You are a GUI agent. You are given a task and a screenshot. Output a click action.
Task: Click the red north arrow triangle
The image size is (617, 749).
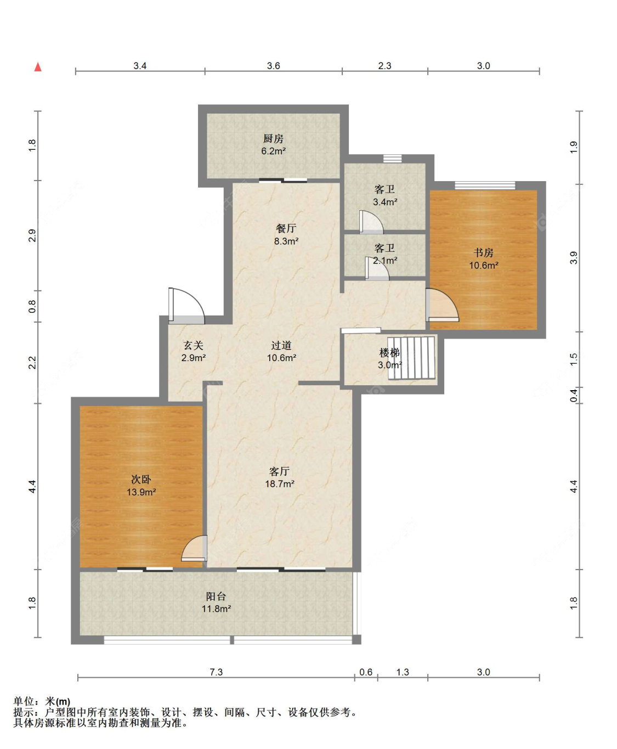(38, 67)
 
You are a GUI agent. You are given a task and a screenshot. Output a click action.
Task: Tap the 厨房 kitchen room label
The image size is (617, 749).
(273, 138)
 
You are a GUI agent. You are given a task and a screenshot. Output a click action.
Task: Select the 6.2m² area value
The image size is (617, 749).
(273, 151)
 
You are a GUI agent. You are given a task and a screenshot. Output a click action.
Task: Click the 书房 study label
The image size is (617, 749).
(483, 252)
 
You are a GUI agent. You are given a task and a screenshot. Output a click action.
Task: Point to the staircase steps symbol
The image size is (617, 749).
(412, 358)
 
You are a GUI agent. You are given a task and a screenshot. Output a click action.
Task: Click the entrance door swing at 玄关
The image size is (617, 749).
(186, 306)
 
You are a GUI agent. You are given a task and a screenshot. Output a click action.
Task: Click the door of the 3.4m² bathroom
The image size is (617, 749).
(371, 222)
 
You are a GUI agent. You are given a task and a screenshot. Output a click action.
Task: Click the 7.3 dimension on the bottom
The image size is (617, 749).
(216, 672)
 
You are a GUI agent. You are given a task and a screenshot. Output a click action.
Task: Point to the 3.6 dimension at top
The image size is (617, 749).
(273, 66)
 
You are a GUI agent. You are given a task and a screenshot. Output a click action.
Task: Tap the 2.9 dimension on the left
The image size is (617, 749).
(32, 235)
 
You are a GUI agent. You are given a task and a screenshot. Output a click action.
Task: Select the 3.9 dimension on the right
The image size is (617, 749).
(574, 258)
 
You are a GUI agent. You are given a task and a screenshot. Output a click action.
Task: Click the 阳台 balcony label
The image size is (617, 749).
(216, 596)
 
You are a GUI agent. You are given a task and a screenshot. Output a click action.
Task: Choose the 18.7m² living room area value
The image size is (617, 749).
(280, 483)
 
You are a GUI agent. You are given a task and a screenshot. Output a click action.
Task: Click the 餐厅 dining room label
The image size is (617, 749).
(286, 228)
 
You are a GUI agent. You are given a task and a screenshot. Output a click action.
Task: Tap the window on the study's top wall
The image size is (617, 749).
(485, 185)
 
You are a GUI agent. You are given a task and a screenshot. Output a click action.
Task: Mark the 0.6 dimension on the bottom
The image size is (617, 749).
(366, 672)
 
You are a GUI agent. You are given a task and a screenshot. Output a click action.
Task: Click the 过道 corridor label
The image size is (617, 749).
(281, 345)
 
